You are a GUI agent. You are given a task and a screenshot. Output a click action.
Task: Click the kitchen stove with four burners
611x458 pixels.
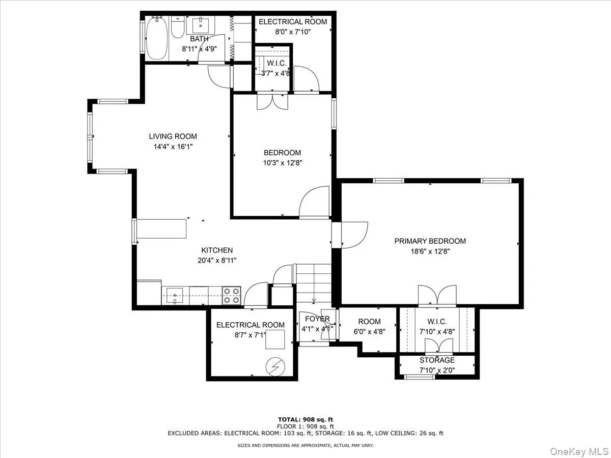pos(232,296)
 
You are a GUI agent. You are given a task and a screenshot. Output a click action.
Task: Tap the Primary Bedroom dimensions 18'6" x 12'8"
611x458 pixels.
pos(430,251)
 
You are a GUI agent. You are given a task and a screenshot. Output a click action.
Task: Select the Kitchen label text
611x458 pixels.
pos(217,250)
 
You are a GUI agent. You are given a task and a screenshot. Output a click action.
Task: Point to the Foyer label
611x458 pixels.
pos(317,319)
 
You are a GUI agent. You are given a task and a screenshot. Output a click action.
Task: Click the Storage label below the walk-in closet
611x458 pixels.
pos(437,360)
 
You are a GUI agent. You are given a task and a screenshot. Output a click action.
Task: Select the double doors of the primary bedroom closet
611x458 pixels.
pos(437,296)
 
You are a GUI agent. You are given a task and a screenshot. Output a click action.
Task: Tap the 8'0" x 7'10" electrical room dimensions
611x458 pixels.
pos(285,32)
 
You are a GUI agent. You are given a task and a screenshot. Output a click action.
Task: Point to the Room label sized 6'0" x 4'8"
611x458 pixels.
pos(369,322)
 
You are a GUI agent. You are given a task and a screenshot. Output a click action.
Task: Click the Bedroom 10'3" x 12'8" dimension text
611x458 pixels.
pos(282,163)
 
